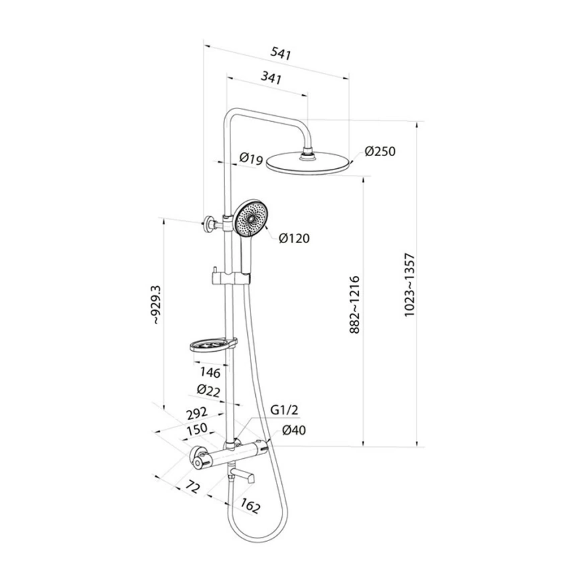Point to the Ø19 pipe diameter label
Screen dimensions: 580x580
point(250,159)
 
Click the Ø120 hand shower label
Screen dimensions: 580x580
point(294,238)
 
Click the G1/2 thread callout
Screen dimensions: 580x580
point(284,410)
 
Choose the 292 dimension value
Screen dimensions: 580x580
point(197,413)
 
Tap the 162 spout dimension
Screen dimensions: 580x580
point(248,507)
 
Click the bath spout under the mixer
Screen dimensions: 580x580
point(244,477)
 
